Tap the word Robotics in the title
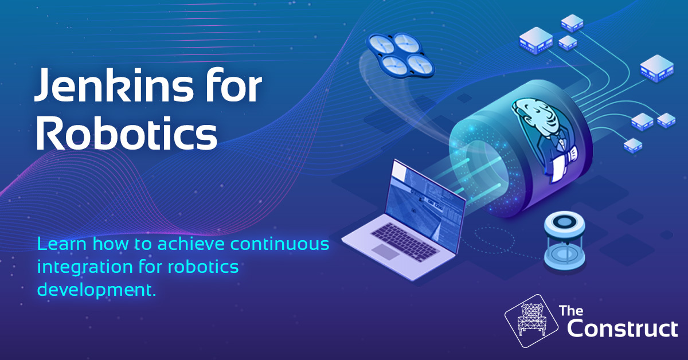126,134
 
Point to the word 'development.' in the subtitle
96,289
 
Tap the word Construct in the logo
621,329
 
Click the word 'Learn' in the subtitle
60,245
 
